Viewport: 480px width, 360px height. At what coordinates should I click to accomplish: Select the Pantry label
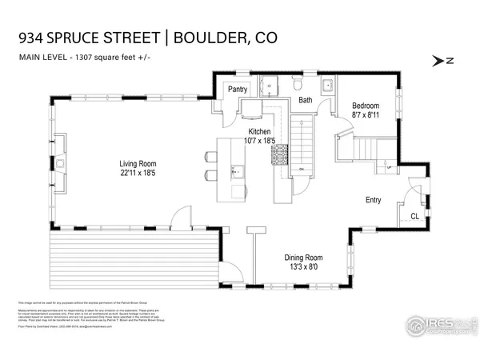237,90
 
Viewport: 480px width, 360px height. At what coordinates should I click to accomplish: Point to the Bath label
306,100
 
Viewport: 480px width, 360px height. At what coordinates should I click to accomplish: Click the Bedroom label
366,106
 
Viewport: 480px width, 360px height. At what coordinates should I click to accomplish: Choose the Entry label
374,200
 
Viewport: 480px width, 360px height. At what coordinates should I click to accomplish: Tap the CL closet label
414,216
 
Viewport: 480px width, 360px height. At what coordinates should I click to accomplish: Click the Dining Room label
306,258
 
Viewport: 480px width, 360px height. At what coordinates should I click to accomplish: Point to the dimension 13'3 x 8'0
306,268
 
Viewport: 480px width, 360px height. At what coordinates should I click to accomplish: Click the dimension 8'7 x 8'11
366,115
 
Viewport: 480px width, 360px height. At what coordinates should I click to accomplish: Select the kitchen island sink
237,170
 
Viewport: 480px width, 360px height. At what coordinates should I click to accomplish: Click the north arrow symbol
439,59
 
